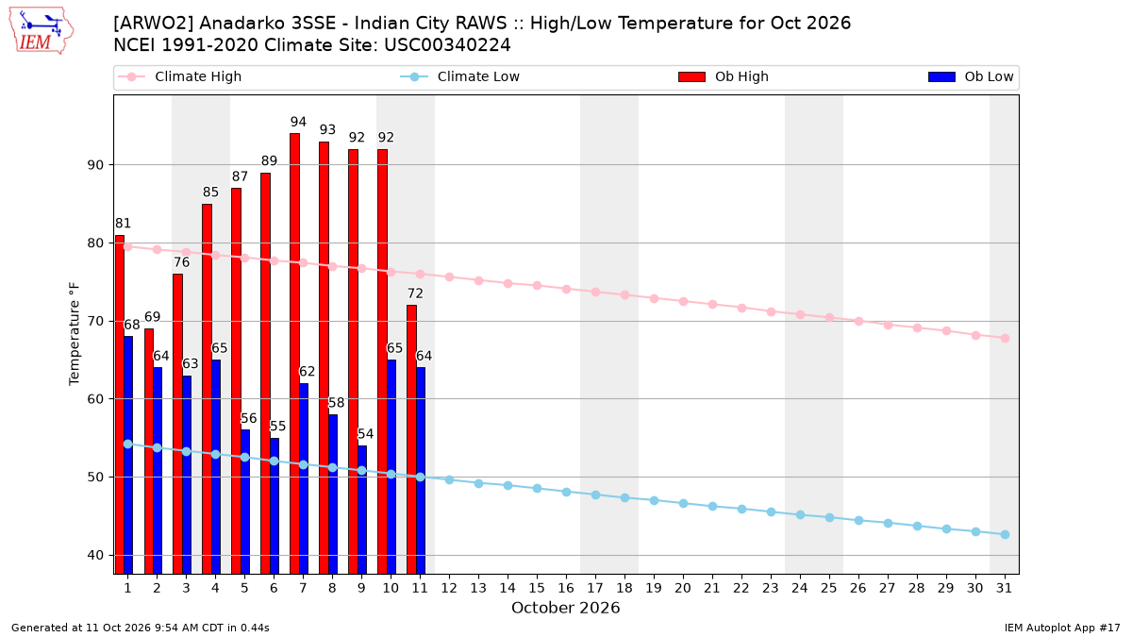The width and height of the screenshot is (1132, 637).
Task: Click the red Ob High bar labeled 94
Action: point(294,353)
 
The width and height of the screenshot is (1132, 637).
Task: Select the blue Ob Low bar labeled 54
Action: point(362,510)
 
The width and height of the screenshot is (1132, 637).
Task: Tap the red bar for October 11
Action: point(411,440)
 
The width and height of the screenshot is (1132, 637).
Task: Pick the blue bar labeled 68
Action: point(128,455)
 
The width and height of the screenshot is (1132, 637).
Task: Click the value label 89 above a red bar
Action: point(269,160)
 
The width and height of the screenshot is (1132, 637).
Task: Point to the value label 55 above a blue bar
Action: point(278,427)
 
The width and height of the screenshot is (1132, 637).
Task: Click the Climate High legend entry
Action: point(180,76)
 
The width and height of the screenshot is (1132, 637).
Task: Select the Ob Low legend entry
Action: point(971,76)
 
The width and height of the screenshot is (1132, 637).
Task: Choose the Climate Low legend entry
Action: point(460,76)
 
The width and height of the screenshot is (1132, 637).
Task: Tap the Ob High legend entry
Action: point(724,76)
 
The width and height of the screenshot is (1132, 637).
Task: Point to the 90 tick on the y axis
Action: point(95,165)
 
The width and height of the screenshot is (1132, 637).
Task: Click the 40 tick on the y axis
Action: point(95,555)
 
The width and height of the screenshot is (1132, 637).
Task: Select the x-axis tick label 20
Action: point(683,588)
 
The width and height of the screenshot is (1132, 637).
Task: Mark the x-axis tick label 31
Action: point(1004,588)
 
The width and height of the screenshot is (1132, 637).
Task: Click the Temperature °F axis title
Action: point(75,334)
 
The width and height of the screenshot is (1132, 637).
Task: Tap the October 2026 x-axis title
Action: point(565,608)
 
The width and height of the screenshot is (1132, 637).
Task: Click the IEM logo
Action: point(41,31)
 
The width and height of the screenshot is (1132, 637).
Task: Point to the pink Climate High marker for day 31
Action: point(1005,338)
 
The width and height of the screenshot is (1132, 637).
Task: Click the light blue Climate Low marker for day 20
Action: point(683,504)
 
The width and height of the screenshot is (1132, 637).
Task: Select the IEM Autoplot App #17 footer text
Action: point(1062,628)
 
